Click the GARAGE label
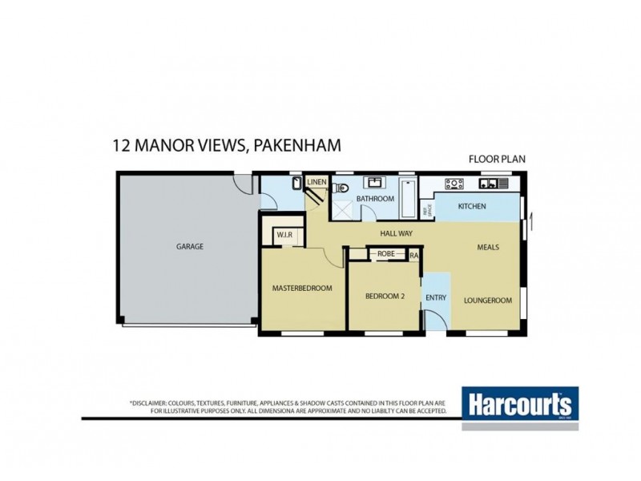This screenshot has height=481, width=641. (x=190, y=247)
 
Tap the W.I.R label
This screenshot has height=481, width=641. (x=285, y=235)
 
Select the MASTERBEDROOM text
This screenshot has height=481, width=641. (x=302, y=288)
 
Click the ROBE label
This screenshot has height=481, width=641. (x=386, y=254)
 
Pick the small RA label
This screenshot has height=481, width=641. (x=413, y=255)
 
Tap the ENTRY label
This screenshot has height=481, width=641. (x=436, y=297)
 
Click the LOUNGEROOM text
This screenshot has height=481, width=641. (x=487, y=301)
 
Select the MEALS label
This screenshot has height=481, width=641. (x=488, y=247)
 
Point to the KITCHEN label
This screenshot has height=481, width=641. (x=472, y=207)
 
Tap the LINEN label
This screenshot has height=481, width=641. (x=316, y=183)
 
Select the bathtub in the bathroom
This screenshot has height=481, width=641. (x=407, y=196)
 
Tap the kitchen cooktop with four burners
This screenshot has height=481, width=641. (x=454, y=184)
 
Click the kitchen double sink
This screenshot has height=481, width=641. (x=489, y=184)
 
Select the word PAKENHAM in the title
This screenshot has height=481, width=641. (x=297, y=145)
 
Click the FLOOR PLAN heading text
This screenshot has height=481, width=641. (x=497, y=159)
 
